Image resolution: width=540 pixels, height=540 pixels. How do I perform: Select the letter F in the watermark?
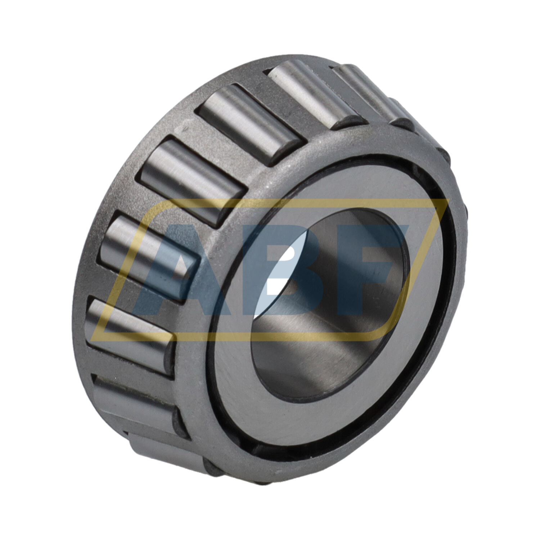[x=374, y=266]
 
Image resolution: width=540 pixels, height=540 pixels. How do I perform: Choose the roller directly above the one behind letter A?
[x=191, y=180]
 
